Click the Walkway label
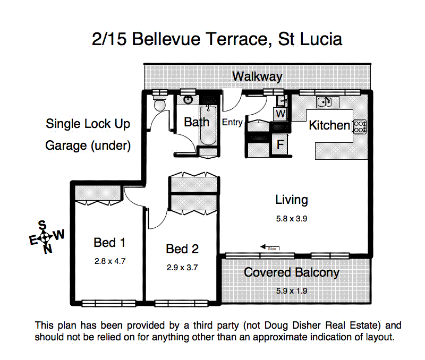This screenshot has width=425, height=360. [257, 76]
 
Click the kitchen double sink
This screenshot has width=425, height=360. [324, 101]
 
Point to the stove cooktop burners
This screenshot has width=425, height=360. [360, 126]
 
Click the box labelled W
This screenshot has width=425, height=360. [281, 114]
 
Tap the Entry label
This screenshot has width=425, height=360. [232, 123]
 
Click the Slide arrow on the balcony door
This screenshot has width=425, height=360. [269, 247]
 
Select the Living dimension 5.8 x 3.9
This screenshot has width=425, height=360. [292, 218]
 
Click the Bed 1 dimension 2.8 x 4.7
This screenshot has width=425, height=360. [109, 261]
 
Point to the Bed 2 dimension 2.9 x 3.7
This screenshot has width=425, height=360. [182, 267]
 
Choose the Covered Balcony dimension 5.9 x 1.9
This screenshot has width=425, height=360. [292, 290]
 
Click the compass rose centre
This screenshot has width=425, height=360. [46, 236]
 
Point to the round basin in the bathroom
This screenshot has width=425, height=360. [188, 99]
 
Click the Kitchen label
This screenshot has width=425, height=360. [329, 125]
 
